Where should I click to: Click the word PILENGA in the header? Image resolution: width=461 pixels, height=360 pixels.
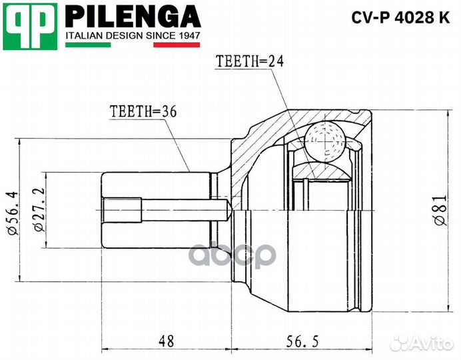pyautogui.click(x=133, y=15)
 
